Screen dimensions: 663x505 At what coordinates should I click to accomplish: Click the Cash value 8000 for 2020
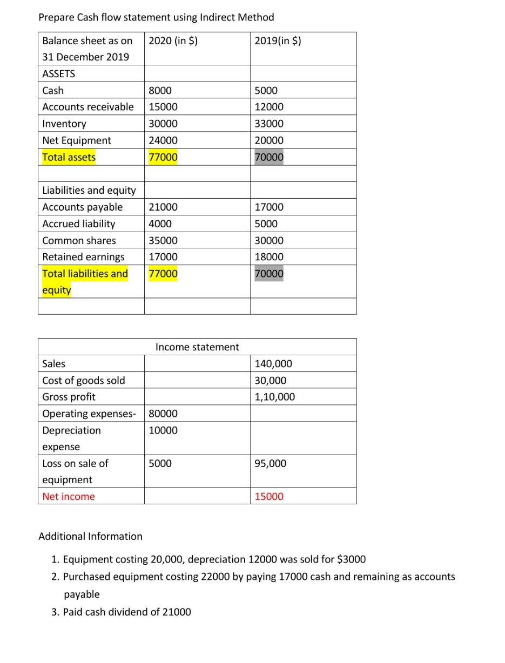point(160,91)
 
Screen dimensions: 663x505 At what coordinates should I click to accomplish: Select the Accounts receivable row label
point(88,107)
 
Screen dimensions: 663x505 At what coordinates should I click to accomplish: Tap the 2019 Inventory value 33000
point(269,124)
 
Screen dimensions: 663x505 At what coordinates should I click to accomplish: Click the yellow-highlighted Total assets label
point(69,157)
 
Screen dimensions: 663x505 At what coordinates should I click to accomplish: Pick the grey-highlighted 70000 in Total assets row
point(269,157)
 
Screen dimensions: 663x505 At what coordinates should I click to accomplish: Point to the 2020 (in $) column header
point(173,40)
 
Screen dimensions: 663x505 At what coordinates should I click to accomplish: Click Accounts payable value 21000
point(163,207)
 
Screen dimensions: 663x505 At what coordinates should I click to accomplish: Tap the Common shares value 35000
point(163,241)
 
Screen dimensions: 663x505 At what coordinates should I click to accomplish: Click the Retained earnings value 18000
point(269,258)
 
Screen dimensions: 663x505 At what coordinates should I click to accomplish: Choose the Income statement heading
point(197,347)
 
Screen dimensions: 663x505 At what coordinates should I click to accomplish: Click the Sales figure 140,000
point(273,364)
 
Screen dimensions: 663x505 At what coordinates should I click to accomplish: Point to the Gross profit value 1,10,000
point(275,397)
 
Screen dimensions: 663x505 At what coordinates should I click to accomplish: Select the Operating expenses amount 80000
point(163,414)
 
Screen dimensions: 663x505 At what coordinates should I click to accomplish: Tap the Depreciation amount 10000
point(163,431)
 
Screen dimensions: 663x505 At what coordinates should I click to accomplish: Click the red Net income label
point(69,497)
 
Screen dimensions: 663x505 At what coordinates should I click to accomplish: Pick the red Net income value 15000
point(269,497)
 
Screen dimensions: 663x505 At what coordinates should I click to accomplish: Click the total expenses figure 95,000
point(271,464)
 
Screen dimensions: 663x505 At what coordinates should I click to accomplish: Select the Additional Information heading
point(91,537)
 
